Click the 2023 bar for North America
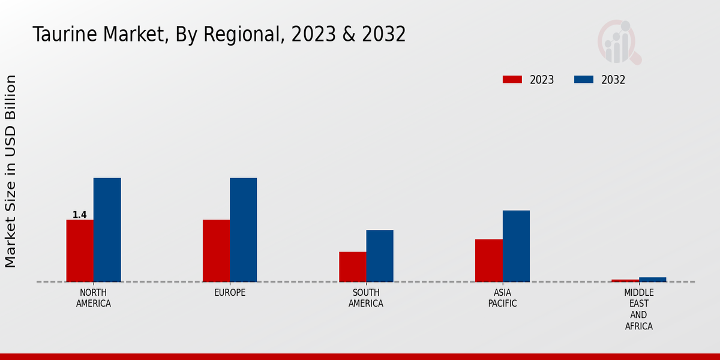[80, 251]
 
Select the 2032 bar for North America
[107, 230]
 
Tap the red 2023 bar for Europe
[216, 251]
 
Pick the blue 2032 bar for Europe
[243, 230]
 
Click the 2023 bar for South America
[352, 267]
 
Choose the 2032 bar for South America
[380, 256]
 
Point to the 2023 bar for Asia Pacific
[488, 260]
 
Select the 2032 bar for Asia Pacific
[516, 246]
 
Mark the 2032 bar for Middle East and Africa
[652, 280]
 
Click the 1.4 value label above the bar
[79, 215]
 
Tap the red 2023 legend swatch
[512, 80]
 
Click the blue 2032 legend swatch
[584, 80]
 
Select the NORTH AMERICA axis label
[94, 298]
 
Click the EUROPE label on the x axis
[230, 293]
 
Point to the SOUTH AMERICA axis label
[366, 298]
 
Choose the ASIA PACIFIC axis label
[502, 298]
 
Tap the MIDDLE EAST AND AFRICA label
[638, 310]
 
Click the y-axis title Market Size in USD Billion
[11, 171]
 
